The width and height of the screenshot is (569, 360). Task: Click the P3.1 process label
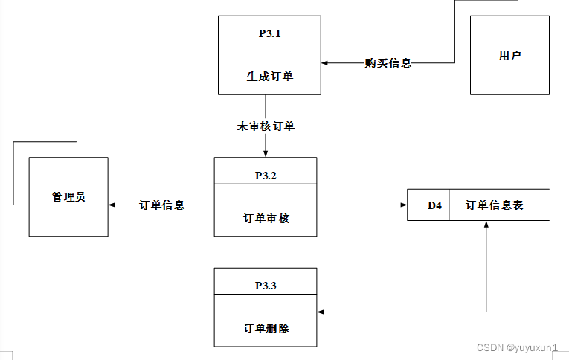[269, 33]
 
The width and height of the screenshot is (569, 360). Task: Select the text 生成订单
[269, 76]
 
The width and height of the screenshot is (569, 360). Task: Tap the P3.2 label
[266, 176]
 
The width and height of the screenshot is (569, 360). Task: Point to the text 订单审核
[266, 219]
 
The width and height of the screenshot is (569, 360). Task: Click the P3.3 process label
[266, 286]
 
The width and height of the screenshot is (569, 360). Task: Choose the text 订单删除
[266, 329]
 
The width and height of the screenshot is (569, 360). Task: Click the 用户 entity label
[509, 55]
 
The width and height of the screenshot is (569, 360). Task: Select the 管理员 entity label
[68, 196]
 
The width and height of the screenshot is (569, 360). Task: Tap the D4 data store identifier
[434, 205]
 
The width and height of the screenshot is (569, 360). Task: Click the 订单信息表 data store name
[494, 205]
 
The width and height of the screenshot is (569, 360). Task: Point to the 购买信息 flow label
[388, 62]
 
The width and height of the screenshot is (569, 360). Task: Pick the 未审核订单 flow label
[266, 126]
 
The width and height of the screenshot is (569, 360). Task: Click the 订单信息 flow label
[162, 205]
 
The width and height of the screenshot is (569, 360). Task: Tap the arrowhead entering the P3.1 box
[324, 62]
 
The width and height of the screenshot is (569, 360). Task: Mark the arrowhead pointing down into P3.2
[266, 154]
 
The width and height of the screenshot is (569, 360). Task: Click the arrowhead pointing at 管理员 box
[112, 205]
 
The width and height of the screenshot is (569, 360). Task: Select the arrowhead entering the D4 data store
[404, 205]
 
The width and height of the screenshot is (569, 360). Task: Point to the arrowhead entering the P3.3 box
[321, 312]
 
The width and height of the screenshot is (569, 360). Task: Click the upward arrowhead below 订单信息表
[486, 225]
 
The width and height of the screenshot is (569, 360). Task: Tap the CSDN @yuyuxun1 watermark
[517, 347]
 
